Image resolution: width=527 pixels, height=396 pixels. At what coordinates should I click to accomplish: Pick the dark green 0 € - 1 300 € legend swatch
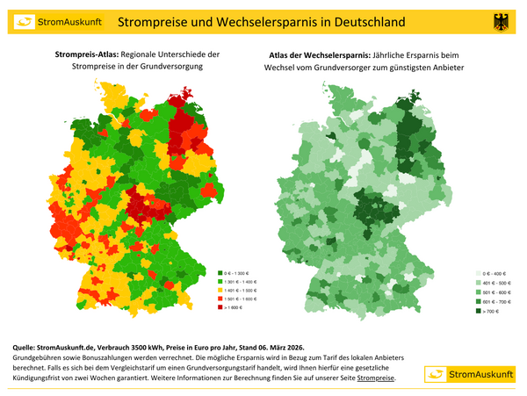[219, 273]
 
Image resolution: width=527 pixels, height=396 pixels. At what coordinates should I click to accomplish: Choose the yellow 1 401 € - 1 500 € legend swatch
[219, 290]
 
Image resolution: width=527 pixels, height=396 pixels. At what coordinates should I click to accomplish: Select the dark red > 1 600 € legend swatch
[219, 307]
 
